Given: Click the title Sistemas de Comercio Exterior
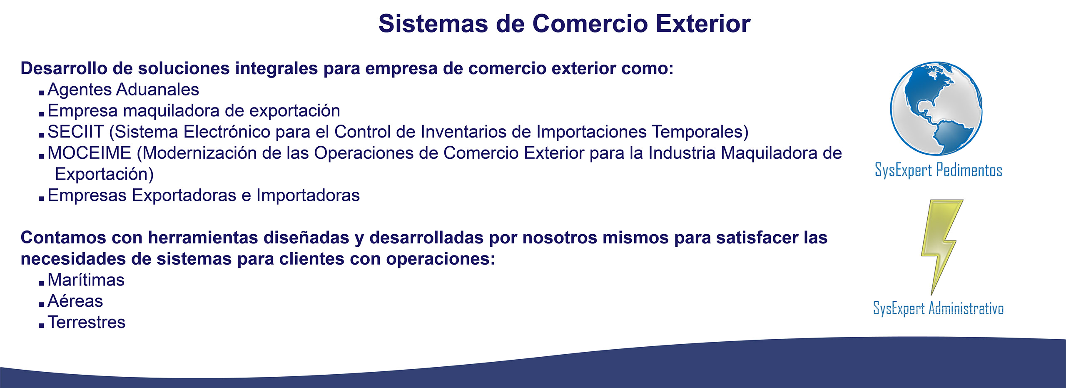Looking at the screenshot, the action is [x=564, y=23].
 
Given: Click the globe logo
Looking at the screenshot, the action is [x=936, y=109].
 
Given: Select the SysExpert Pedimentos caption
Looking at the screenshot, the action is [x=939, y=170].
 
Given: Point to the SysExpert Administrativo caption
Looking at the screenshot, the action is [x=938, y=308].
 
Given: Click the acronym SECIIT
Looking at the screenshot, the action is [x=75, y=132].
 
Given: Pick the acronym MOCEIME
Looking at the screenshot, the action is [x=89, y=153].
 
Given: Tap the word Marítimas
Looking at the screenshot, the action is [x=86, y=280].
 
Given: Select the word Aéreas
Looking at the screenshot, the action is [x=75, y=301].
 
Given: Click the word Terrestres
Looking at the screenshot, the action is [x=86, y=322].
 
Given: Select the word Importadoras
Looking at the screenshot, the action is [x=308, y=195].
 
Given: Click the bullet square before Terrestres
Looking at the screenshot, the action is [x=41, y=325].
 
